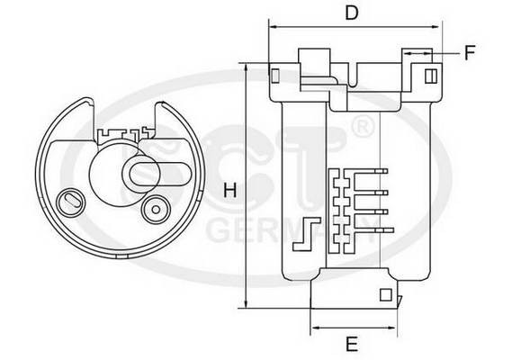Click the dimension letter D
click(353, 13)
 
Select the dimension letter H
click(229, 192)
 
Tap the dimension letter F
click(469, 53)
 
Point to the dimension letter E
click(353, 342)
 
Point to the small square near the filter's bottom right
click(386, 294)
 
